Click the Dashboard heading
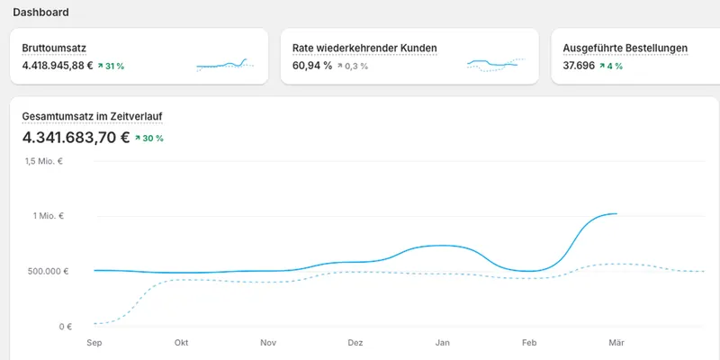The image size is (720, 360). pyautogui.click(x=40, y=13)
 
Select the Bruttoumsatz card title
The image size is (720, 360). pyautogui.click(x=54, y=49)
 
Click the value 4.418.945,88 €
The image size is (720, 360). pyautogui.click(x=58, y=66)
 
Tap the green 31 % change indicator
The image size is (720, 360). pyautogui.click(x=111, y=66)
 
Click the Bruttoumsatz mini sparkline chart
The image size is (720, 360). pyautogui.click(x=225, y=65)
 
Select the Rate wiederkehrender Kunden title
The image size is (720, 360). pyautogui.click(x=364, y=49)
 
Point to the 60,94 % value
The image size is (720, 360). pyautogui.click(x=312, y=66)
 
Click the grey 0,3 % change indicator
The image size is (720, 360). pyautogui.click(x=353, y=66)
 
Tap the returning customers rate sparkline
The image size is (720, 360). pyautogui.click(x=496, y=65)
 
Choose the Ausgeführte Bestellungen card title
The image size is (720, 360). pyautogui.click(x=625, y=49)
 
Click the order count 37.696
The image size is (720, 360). pyautogui.click(x=578, y=66)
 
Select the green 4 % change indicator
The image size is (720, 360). pyautogui.click(x=611, y=66)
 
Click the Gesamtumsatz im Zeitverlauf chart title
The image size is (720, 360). pyautogui.click(x=92, y=117)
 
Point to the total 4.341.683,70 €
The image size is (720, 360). pyautogui.click(x=76, y=138)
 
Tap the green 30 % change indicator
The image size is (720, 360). pyautogui.click(x=148, y=138)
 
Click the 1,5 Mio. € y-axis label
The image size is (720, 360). pyautogui.click(x=44, y=161)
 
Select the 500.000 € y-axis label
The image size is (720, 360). pyautogui.click(x=47, y=272)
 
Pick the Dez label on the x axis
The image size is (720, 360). pyautogui.click(x=355, y=343)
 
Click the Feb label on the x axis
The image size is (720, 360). pyautogui.click(x=529, y=343)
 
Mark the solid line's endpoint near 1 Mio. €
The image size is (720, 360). pyautogui.click(x=616, y=213)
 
